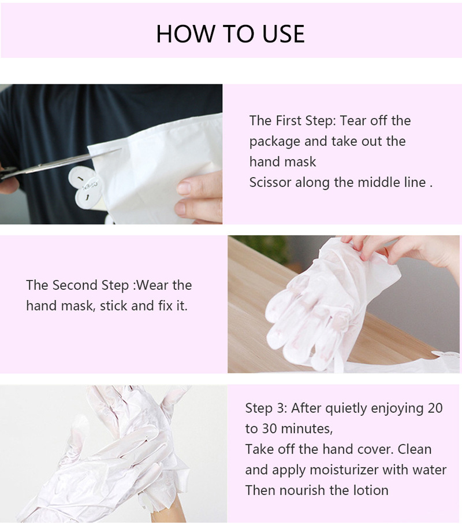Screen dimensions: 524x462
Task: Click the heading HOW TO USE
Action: coord(230,34)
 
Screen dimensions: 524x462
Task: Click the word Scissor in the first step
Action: coord(270,183)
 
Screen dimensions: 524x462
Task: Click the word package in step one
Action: coord(274,142)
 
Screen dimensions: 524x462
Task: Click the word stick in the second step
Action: coord(113,306)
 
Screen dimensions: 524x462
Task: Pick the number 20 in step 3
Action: coord(435,408)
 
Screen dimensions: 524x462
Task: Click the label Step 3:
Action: coord(266,408)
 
